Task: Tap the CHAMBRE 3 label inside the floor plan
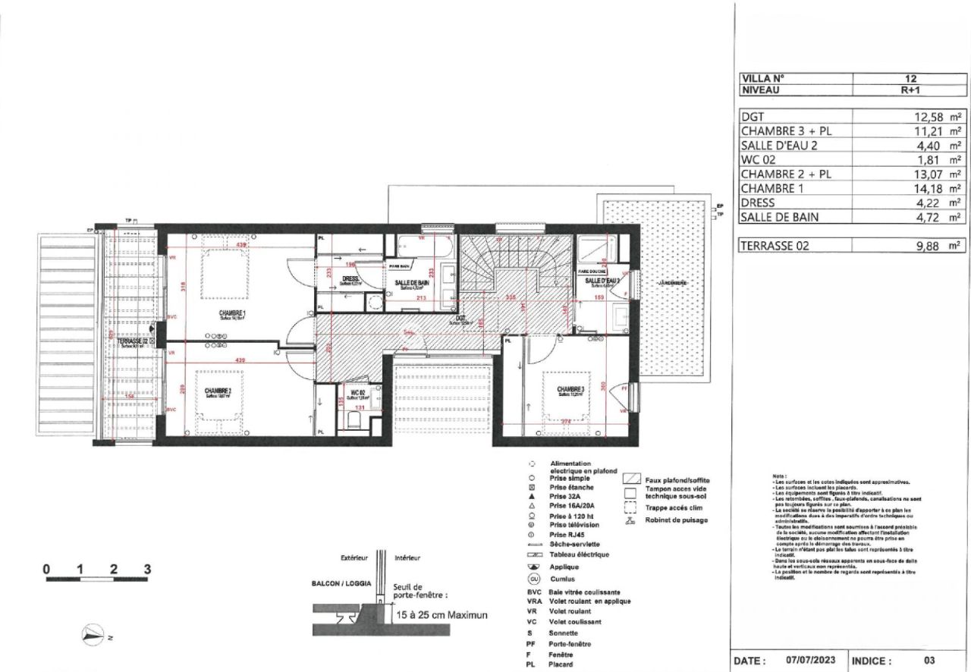click(573, 390)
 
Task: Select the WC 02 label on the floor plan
click(357, 393)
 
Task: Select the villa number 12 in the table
click(910, 77)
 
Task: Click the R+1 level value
click(910, 89)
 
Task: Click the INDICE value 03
click(929, 661)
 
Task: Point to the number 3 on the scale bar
click(148, 569)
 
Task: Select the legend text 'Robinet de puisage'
click(676, 520)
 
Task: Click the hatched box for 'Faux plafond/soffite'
click(629, 479)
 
